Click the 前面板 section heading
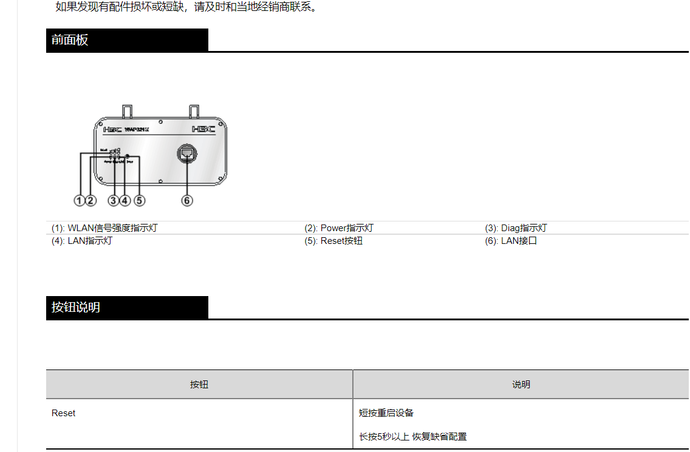tap(70, 40)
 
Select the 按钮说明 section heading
tap(76, 308)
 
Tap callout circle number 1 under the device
tap(80, 200)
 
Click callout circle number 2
tap(91, 200)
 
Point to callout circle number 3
tap(114, 200)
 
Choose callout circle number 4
tap(125, 200)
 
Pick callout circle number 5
tap(140, 200)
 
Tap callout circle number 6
tap(187, 200)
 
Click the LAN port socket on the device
tap(186, 153)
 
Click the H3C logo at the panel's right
tap(203, 129)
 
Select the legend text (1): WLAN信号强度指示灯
tap(104, 228)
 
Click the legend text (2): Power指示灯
tap(339, 228)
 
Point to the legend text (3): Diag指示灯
tap(516, 228)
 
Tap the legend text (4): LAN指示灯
tap(82, 241)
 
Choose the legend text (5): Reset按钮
tap(333, 241)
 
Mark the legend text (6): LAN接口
tap(511, 241)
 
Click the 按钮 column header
tap(199, 385)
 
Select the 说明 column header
tap(521, 385)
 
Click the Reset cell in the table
tap(64, 413)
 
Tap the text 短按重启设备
tap(386, 413)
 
